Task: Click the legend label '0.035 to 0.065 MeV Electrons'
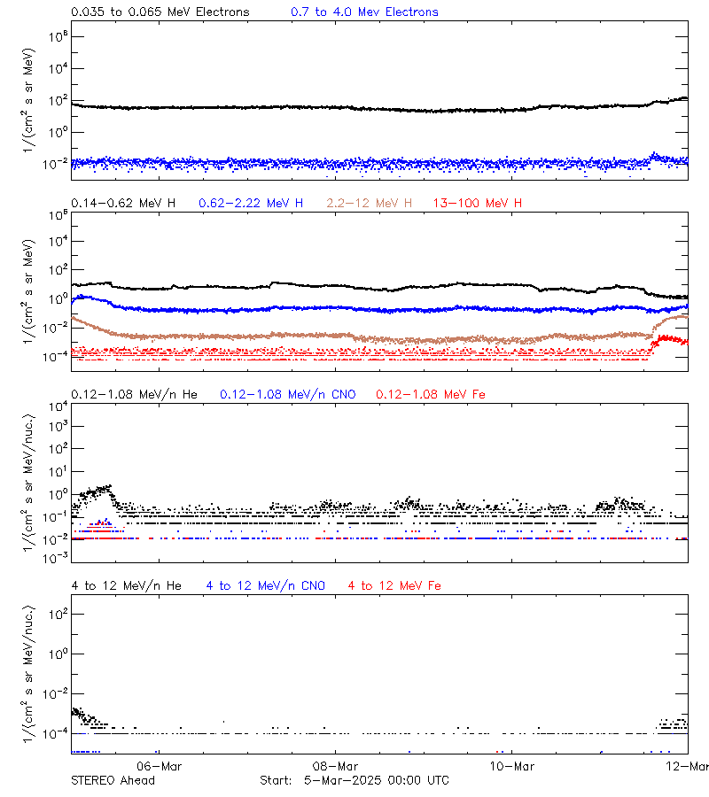(x=160, y=12)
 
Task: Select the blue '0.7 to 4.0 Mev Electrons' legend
(x=364, y=12)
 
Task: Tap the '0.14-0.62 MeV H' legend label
(x=123, y=204)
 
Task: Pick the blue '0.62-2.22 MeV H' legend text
(x=251, y=204)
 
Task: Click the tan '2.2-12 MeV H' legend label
(x=370, y=204)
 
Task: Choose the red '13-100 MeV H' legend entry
(x=478, y=204)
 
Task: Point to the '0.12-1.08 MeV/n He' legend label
(x=134, y=394)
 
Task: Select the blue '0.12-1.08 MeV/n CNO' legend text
(x=288, y=394)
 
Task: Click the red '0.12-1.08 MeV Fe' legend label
(x=431, y=394)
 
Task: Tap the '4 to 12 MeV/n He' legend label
(x=126, y=585)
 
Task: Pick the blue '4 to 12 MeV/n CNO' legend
(x=266, y=585)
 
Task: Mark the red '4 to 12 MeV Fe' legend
(x=395, y=585)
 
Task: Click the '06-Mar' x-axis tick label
(x=160, y=766)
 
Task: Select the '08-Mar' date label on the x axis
(x=335, y=766)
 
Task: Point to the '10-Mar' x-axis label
(x=510, y=766)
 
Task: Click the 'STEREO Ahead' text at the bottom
(x=113, y=780)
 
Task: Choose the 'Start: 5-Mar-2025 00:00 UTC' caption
(x=354, y=780)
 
